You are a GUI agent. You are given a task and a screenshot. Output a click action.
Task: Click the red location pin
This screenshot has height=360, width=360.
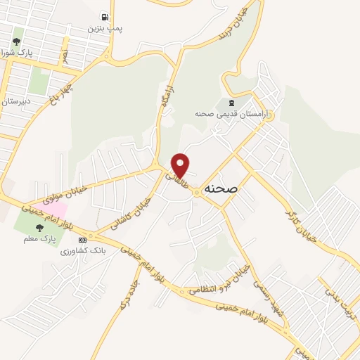coord(181,165)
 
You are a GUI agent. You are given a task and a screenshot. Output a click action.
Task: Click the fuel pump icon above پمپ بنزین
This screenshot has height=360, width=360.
coord(105,17)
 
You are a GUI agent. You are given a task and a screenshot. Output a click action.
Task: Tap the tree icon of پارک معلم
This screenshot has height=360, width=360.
coord(39,228)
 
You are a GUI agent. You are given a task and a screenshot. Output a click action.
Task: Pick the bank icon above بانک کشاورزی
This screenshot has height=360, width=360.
coord(82,240)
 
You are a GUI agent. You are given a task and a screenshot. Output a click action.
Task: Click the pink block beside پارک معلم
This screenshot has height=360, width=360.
coord(57,210)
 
